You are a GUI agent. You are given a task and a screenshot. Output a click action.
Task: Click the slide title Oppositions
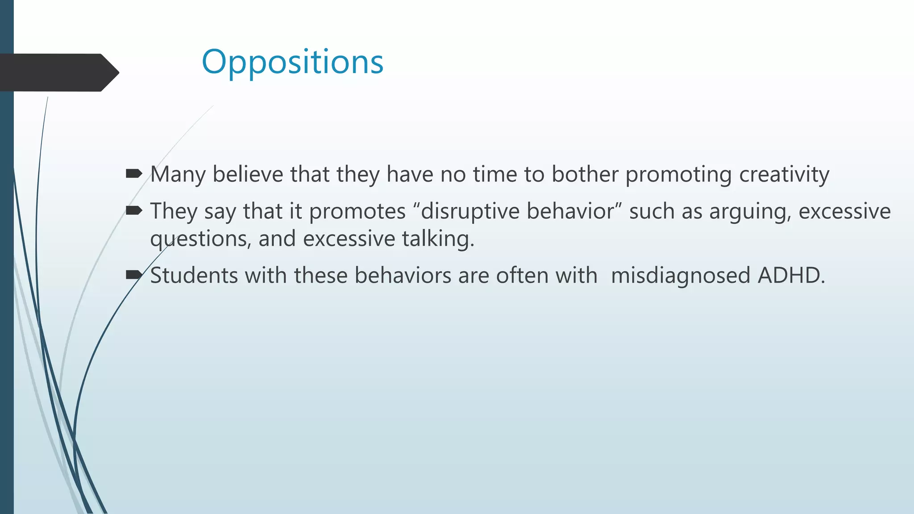coord(292,62)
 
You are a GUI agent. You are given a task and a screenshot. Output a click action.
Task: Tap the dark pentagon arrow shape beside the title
coord(58,73)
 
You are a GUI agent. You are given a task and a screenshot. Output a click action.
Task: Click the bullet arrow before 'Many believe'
coord(133,173)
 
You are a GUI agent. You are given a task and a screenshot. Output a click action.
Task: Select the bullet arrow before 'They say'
coord(133,210)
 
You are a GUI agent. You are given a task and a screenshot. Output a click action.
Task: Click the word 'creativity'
coord(784,174)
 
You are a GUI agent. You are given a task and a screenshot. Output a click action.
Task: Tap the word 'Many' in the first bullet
coord(178,174)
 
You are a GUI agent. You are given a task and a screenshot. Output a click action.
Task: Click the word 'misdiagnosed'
coord(680,275)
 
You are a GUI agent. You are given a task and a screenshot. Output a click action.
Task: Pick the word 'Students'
coord(194,275)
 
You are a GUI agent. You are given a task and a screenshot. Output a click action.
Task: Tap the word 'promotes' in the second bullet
coord(357,211)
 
